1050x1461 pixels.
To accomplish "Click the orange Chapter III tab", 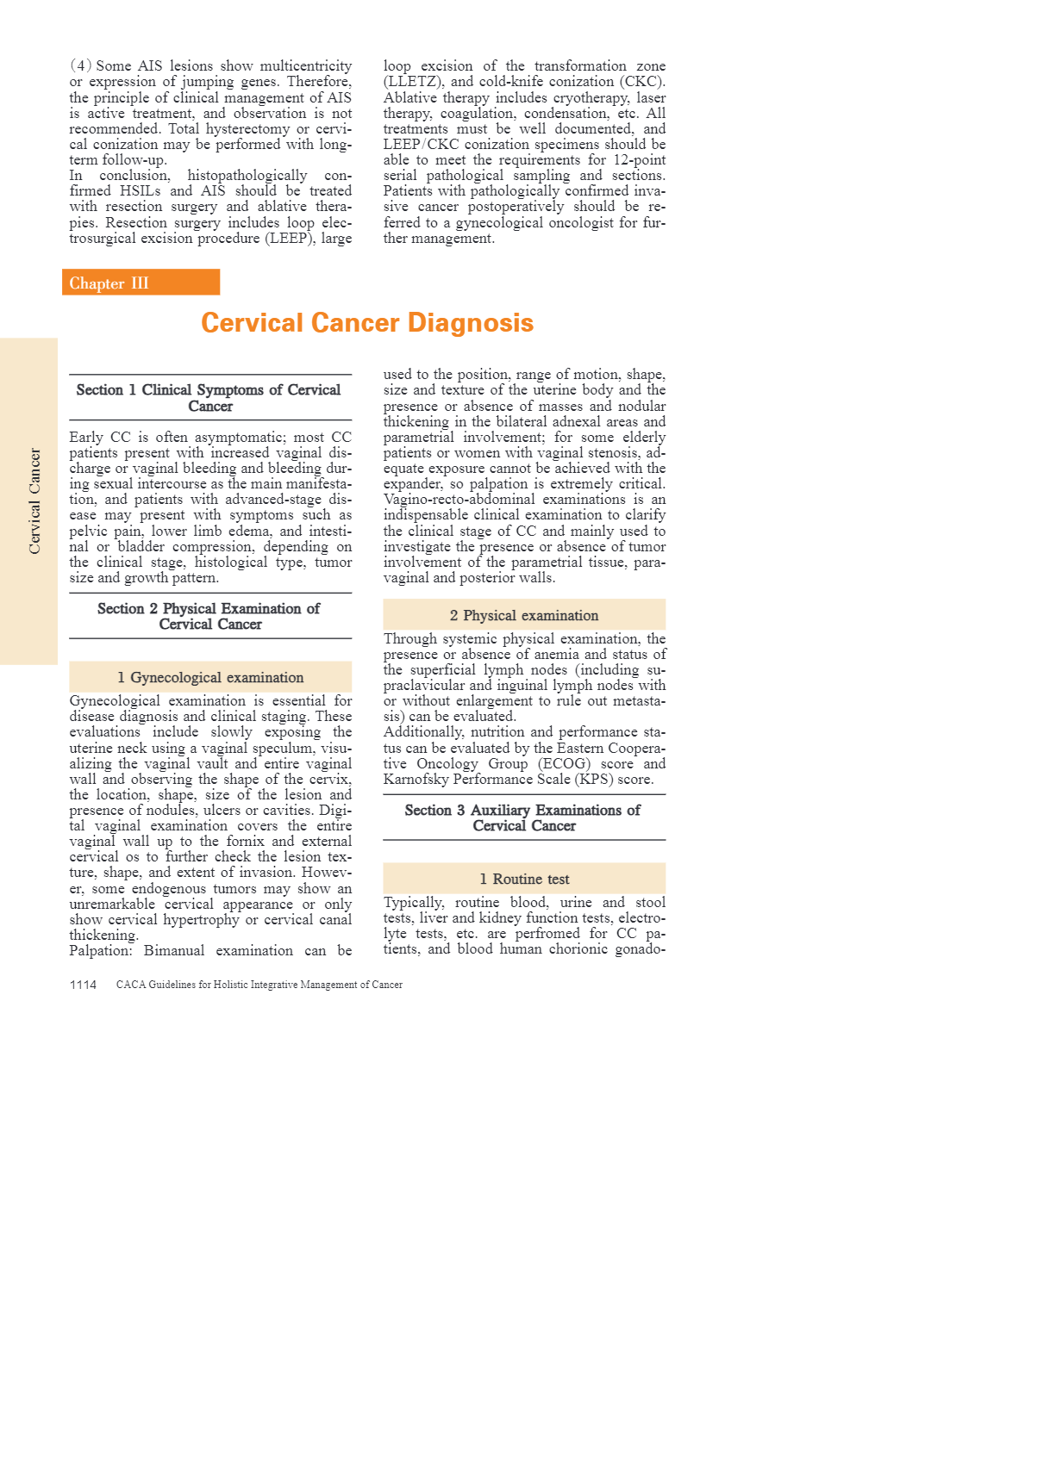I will click(x=141, y=283).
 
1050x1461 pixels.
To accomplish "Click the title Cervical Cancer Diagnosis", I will click(x=367, y=323).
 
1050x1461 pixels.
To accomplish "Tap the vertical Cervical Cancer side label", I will click(x=34, y=500).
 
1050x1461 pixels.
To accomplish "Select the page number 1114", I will click(x=83, y=985).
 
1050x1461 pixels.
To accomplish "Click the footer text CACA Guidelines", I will click(x=259, y=985).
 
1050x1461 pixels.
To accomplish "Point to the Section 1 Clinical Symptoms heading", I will click(x=209, y=398).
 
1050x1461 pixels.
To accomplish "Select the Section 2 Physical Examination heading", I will click(x=209, y=616).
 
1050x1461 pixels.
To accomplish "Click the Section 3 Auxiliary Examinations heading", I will click(x=523, y=818).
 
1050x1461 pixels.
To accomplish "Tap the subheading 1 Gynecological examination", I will click(x=210, y=677).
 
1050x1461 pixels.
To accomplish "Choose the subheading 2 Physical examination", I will click(x=524, y=615).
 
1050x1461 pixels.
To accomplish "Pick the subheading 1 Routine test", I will click(x=524, y=879).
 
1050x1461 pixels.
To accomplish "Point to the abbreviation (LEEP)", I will click(x=291, y=239).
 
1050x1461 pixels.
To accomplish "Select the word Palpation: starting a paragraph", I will click(x=100, y=951).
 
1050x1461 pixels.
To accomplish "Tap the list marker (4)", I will click(x=81, y=66).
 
